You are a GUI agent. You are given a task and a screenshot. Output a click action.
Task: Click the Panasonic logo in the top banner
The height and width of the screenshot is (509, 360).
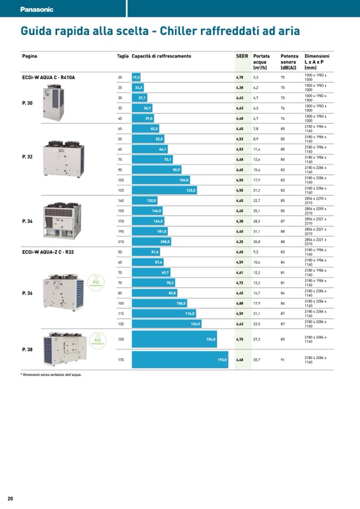37,10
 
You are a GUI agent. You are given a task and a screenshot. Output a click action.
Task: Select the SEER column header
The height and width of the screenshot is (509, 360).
242,56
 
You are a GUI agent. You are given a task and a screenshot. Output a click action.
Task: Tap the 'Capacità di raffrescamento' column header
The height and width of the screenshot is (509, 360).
161,56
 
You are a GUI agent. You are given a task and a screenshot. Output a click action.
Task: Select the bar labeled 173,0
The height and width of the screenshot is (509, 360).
180,360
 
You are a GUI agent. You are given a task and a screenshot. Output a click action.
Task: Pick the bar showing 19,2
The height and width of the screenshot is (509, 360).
136,77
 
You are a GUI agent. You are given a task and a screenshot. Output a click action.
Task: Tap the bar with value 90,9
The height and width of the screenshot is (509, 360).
157,170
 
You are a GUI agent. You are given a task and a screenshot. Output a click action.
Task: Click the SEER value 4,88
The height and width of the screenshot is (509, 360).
240,304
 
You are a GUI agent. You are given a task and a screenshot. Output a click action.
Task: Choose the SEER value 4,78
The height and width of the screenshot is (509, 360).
240,77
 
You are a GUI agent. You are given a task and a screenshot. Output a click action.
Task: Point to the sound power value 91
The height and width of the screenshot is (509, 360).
283,360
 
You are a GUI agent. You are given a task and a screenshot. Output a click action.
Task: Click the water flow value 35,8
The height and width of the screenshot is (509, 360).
256,241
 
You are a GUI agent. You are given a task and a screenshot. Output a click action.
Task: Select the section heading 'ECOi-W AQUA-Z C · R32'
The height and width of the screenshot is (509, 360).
48,252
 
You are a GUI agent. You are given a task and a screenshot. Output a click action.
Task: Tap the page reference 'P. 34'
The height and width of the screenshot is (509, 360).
27,221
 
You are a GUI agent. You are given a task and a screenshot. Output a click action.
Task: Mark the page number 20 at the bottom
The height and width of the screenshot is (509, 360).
10,498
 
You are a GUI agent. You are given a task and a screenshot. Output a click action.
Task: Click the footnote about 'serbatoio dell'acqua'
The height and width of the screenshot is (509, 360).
51,375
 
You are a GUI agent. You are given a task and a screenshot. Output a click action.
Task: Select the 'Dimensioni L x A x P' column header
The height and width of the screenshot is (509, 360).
317,62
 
